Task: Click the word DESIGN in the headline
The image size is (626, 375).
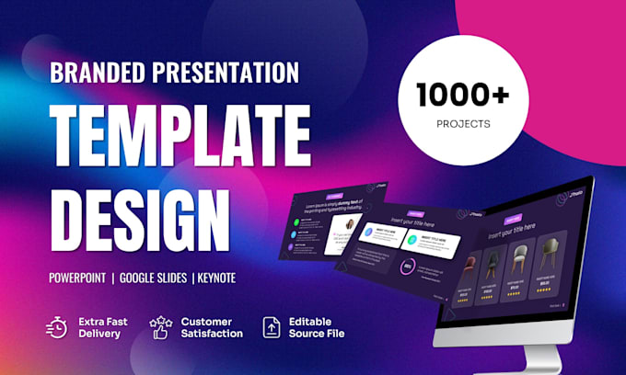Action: point(139,214)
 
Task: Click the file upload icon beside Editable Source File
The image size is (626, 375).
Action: point(271,326)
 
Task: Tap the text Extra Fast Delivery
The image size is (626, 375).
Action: point(102,327)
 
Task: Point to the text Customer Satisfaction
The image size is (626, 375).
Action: point(212,327)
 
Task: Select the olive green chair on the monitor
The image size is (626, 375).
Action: point(551,256)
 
